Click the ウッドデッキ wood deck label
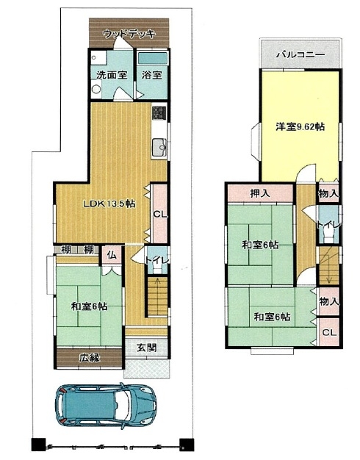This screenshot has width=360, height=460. click(x=129, y=34)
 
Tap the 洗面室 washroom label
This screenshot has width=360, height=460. click(x=112, y=75)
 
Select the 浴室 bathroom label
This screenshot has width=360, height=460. click(x=151, y=75)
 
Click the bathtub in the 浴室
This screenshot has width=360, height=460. click(x=152, y=58)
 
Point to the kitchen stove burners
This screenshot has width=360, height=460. click(x=159, y=112)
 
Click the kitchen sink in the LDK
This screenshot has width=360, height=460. click(x=159, y=147)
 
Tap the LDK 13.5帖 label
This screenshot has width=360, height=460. click(x=109, y=204)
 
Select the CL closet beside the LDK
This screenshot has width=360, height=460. click(x=160, y=214)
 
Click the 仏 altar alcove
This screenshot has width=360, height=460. click(x=112, y=255)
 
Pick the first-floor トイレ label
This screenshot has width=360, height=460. click(x=157, y=260)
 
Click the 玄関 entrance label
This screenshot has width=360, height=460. click(x=147, y=348)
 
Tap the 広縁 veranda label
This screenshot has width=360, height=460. click(x=90, y=358)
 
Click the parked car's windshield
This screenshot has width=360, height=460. click(x=121, y=406)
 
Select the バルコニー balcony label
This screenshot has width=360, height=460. click(x=300, y=54)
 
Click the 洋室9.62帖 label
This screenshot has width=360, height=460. click(x=300, y=126)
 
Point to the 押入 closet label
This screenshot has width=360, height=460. click(x=260, y=193)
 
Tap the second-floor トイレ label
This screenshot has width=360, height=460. click(x=329, y=225)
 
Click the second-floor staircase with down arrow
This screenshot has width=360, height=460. click(x=329, y=266)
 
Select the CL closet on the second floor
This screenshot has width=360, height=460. click(x=329, y=332)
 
